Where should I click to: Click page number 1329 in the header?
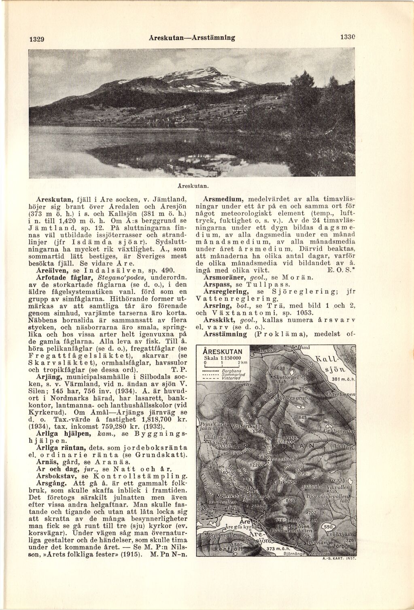(x=36, y=40)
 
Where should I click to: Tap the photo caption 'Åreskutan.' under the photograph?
(x=193, y=186)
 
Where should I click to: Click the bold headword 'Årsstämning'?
(x=225, y=334)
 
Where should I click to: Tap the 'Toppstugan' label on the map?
(x=283, y=459)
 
